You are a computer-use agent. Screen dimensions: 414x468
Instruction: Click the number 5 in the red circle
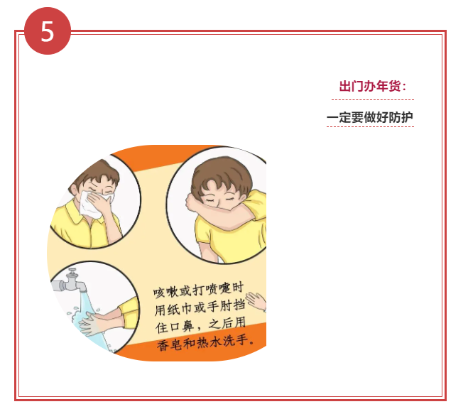[48, 31]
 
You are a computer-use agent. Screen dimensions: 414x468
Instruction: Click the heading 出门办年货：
[372, 87]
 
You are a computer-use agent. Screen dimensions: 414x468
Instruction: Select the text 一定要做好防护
[369, 117]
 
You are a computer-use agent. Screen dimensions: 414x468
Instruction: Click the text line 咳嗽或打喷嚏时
[198, 291]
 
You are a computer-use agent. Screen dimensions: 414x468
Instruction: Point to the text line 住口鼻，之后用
[200, 327]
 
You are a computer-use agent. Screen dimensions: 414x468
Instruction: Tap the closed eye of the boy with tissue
[107, 191]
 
